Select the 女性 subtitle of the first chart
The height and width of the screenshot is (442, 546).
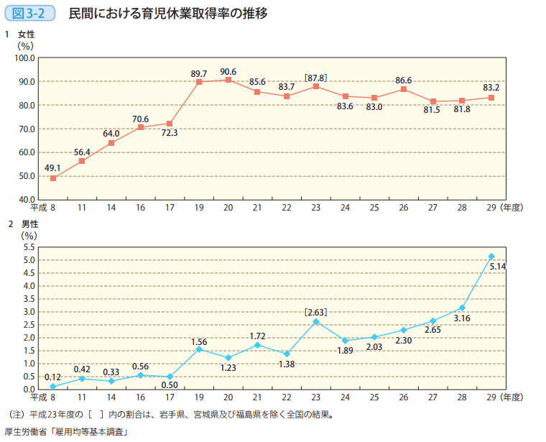click(x=26, y=34)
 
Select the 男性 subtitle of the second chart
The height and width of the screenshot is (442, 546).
click(x=26, y=224)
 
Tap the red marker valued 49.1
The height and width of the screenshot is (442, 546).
click(x=53, y=178)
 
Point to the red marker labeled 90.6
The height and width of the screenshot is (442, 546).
click(x=228, y=80)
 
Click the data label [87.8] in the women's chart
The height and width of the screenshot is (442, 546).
click(x=315, y=77)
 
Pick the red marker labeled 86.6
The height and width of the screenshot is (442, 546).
click(x=404, y=89)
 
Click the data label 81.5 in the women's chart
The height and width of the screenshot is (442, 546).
click(x=432, y=110)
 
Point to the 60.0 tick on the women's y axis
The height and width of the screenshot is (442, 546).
click(x=27, y=152)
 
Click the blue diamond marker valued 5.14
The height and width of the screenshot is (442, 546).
click(x=491, y=256)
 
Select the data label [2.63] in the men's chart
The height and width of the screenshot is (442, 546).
click(x=315, y=311)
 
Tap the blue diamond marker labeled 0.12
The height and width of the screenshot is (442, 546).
click(x=53, y=386)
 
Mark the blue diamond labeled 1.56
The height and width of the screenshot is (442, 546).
click(x=199, y=349)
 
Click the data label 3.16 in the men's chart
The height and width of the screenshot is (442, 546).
click(x=462, y=318)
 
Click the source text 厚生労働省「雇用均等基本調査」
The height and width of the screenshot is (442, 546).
click(x=65, y=432)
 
